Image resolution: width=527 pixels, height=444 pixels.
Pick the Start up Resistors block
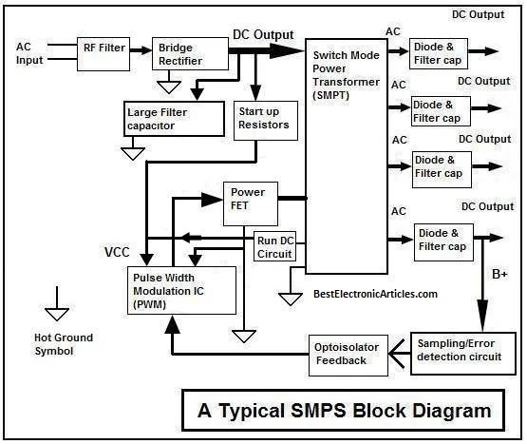(263, 119)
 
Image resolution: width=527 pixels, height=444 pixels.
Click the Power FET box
(249, 200)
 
